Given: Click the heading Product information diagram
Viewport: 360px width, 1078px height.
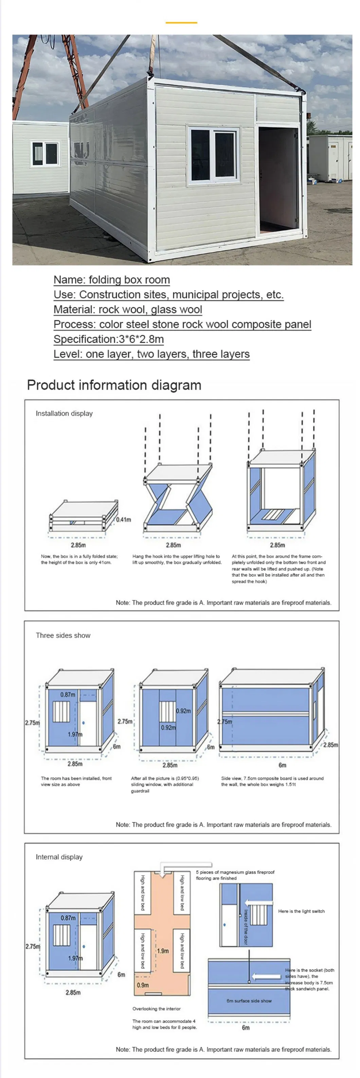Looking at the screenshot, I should click(114, 385).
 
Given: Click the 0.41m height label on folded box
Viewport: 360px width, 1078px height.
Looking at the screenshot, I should click(124, 519).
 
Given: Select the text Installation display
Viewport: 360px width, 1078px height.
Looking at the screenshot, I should click(64, 414).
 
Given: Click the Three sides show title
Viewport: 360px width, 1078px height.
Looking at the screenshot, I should click(63, 635).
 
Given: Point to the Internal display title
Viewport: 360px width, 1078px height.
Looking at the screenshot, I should click(59, 857).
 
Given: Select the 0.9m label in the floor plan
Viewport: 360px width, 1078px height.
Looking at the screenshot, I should click(143, 985).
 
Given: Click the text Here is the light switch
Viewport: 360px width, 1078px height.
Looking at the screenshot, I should click(301, 911).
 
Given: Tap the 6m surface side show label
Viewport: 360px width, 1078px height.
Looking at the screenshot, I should click(249, 1001).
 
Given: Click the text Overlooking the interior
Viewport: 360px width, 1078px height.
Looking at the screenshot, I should click(156, 1008).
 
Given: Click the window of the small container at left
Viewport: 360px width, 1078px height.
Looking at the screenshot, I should click(45, 153).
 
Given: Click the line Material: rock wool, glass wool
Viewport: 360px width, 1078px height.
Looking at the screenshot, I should click(128, 309).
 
